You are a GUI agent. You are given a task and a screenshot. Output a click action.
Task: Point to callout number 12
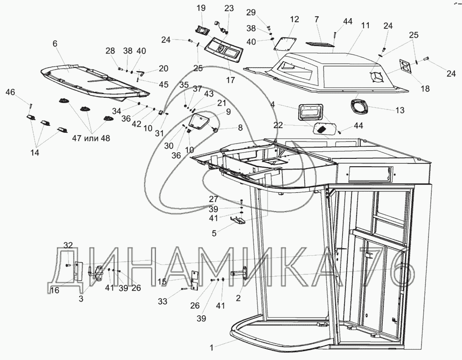point(294,20)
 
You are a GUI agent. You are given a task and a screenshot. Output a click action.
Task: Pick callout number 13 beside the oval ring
point(399,110)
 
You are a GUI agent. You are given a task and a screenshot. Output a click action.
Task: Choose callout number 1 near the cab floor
point(212,347)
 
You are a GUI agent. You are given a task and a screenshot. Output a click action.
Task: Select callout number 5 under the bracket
point(214,233)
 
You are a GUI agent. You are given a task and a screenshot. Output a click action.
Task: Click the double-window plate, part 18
point(406,67)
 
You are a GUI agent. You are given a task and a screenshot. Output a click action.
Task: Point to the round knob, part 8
point(216,129)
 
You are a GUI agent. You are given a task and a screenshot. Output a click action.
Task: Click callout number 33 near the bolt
point(162,301)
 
